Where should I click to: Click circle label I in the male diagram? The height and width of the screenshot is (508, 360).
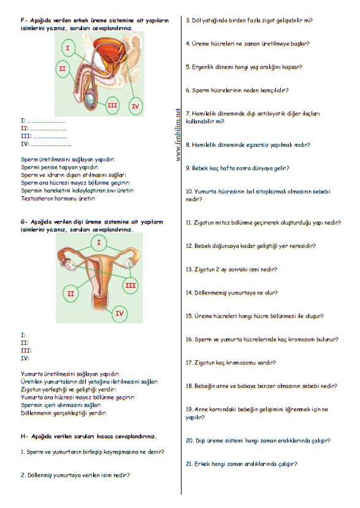pyautogui.click(x=68, y=48)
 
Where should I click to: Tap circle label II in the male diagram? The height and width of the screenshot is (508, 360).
pyautogui.click(x=63, y=69)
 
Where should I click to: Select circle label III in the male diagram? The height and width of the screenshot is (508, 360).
pyautogui.click(x=112, y=105)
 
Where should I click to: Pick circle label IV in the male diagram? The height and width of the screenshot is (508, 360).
pyautogui.click(x=136, y=106)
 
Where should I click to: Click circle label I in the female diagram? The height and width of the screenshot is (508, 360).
pyautogui.click(x=99, y=242)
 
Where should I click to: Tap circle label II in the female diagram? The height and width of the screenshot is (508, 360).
pyautogui.click(x=71, y=293)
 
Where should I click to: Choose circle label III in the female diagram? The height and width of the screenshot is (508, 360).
pyautogui.click(x=131, y=285)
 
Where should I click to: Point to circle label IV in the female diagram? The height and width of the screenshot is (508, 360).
pyautogui.click(x=120, y=314)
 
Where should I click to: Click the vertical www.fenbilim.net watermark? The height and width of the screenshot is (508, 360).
pyautogui.click(x=178, y=134)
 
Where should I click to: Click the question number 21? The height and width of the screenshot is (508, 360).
pyautogui.click(x=189, y=464)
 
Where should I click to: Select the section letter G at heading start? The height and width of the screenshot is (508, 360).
pyautogui.click(x=23, y=222)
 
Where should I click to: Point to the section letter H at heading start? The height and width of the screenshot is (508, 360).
pyautogui.click(x=23, y=436)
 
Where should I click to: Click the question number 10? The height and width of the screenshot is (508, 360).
pyautogui.click(x=189, y=191)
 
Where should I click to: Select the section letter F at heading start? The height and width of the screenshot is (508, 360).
pyautogui.click(x=23, y=20)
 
